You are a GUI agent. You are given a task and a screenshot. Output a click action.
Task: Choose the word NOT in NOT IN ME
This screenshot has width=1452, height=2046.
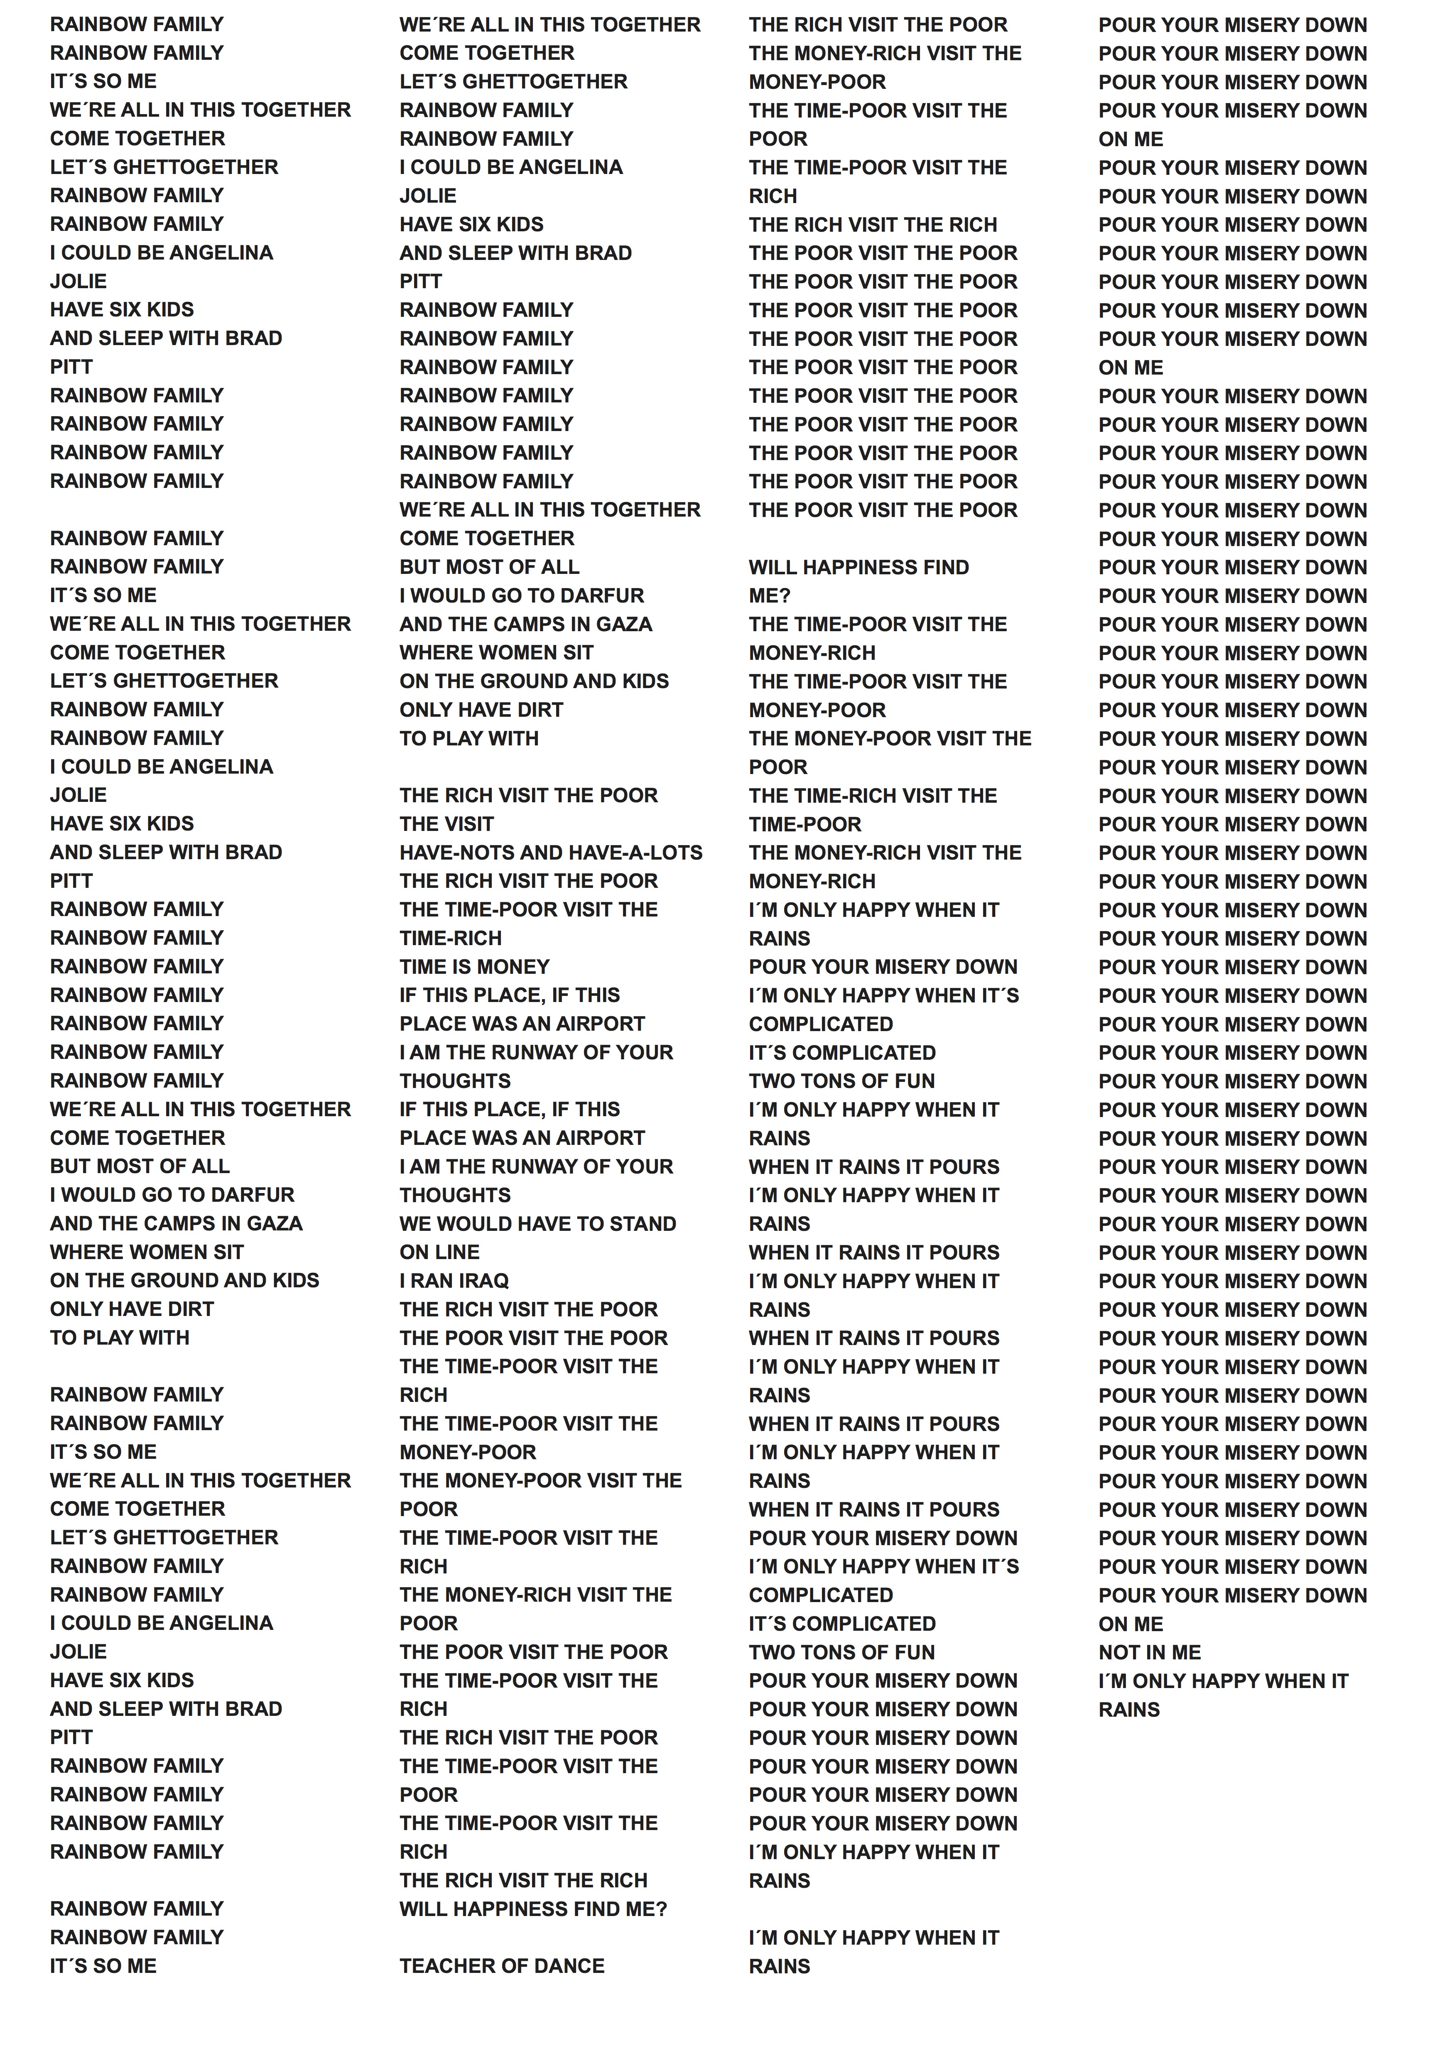click(x=1118, y=1652)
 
